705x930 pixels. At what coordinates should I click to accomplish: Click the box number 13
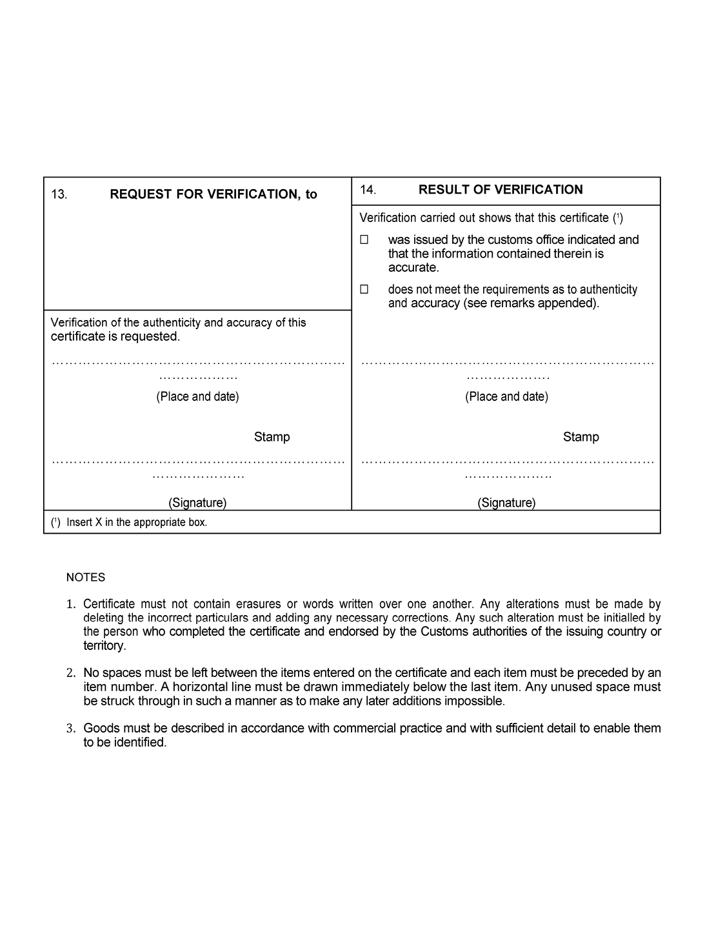coord(59,194)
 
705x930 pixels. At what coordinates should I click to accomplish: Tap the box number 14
coord(368,190)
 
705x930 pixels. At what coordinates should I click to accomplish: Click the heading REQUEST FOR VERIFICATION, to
coord(213,194)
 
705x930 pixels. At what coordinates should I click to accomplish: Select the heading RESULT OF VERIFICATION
coord(501,190)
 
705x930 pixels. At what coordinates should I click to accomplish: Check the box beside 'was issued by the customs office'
coord(364,239)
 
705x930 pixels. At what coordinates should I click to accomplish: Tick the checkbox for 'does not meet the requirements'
coord(364,289)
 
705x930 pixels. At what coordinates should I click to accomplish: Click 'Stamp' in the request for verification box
coord(272,437)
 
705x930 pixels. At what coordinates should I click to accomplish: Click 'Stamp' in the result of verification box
coord(581,437)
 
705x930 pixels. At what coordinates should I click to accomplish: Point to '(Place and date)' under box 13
coord(197,396)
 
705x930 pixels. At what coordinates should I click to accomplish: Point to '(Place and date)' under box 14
coord(506,396)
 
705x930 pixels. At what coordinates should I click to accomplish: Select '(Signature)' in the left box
coord(197,502)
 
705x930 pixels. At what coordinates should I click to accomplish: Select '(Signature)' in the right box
coord(506,502)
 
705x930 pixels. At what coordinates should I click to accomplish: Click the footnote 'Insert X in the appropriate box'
coord(137,522)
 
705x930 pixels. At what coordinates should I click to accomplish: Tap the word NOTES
coord(86,578)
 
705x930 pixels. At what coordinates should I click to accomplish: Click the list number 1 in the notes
coord(71,605)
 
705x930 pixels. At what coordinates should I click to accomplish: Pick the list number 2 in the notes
coord(71,673)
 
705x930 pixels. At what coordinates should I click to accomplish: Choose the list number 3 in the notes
coord(71,729)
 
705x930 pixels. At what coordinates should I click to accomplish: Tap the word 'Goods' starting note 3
coord(100,729)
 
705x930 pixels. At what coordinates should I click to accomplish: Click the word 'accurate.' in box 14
coord(413,267)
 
